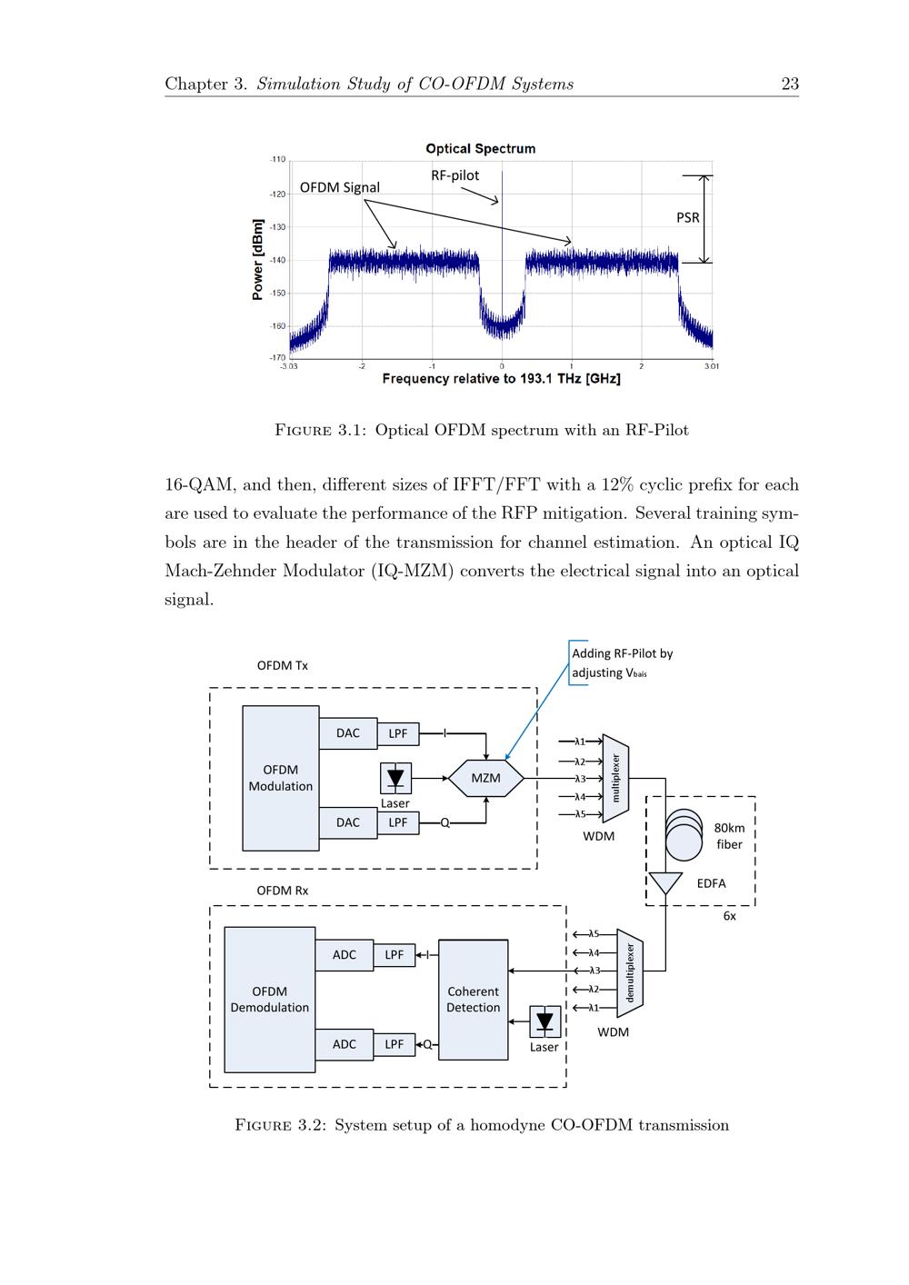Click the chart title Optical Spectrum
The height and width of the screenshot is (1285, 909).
click(x=480, y=148)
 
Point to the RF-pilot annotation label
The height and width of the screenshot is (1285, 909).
click(x=454, y=175)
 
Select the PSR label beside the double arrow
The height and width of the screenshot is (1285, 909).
click(x=688, y=217)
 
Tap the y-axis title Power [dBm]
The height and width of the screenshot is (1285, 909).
click(x=258, y=259)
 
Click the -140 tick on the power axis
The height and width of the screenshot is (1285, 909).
click(x=277, y=260)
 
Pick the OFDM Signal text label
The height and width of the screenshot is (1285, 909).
click(x=340, y=187)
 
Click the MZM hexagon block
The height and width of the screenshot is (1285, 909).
click(x=486, y=778)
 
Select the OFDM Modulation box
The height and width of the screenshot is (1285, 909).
click(x=281, y=778)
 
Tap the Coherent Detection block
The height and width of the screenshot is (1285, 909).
click(x=473, y=1000)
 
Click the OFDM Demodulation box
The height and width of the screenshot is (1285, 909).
click(x=269, y=1000)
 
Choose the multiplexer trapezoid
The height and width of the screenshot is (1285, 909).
click(x=615, y=778)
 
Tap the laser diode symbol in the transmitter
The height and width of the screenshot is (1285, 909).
click(x=395, y=778)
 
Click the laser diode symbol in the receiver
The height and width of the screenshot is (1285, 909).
click(x=544, y=1021)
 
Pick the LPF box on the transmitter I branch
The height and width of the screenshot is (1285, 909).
click(x=398, y=733)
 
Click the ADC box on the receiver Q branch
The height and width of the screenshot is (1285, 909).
click(x=345, y=1044)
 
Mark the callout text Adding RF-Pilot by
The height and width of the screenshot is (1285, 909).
click(x=622, y=653)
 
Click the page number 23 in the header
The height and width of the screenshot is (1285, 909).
click(x=790, y=84)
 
